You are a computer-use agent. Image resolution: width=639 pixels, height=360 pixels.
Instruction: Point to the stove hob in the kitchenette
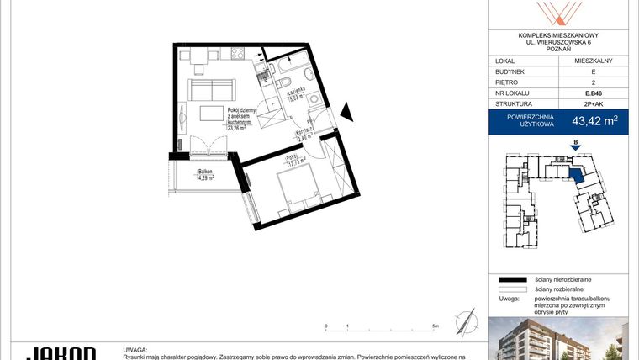pyautogui.click(x=237, y=55)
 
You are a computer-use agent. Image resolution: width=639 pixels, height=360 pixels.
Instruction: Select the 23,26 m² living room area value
pyautogui.click(x=235, y=128)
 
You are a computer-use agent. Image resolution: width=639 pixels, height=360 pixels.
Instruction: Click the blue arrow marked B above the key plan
pyautogui.click(x=574, y=146)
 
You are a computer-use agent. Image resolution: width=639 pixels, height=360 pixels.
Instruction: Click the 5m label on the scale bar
pyautogui.click(x=435, y=325)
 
